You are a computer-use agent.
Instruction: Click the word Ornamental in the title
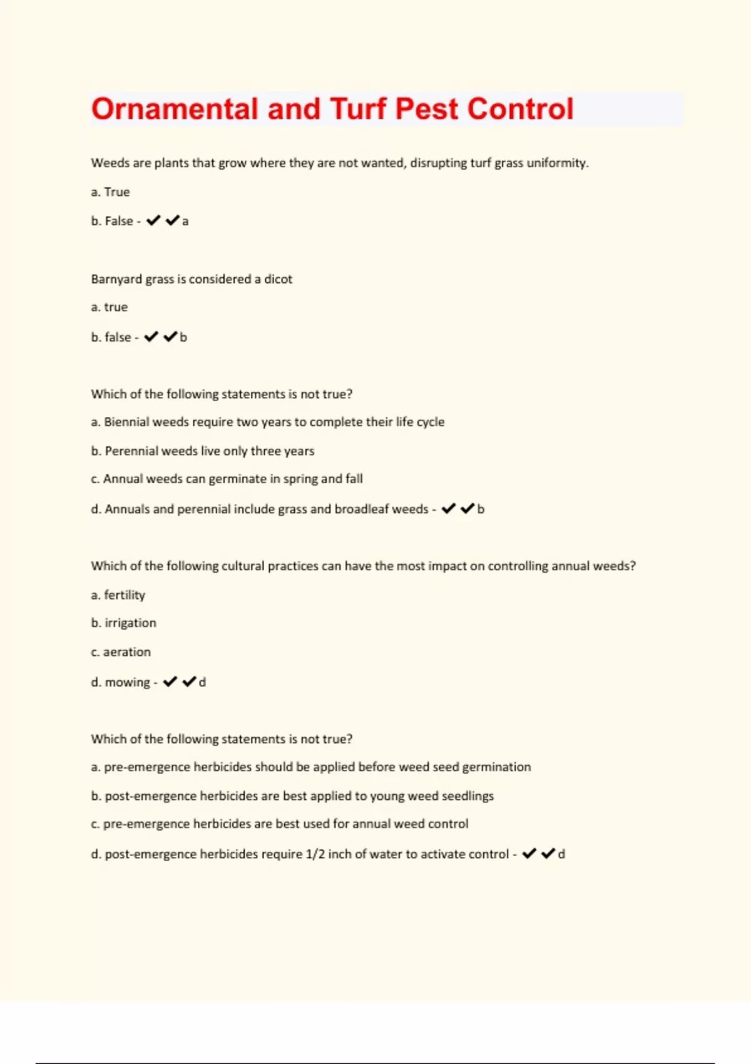(x=175, y=109)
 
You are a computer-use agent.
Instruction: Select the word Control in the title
(x=520, y=109)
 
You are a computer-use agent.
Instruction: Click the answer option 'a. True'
(x=110, y=192)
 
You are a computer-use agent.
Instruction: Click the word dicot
(x=278, y=279)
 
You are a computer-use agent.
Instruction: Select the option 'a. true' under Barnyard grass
(x=110, y=307)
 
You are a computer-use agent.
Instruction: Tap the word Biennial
(x=126, y=422)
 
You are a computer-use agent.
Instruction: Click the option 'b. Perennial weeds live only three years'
(x=203, y=451)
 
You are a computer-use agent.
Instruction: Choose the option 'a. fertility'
(x=118, y=595)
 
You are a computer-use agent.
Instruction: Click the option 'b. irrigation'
(x=124, y=623)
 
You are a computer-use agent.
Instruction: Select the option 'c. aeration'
(x=121, y=652)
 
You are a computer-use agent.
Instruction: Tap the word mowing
(x=127, y=682)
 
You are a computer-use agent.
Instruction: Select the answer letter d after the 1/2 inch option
(x=561, y=854)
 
